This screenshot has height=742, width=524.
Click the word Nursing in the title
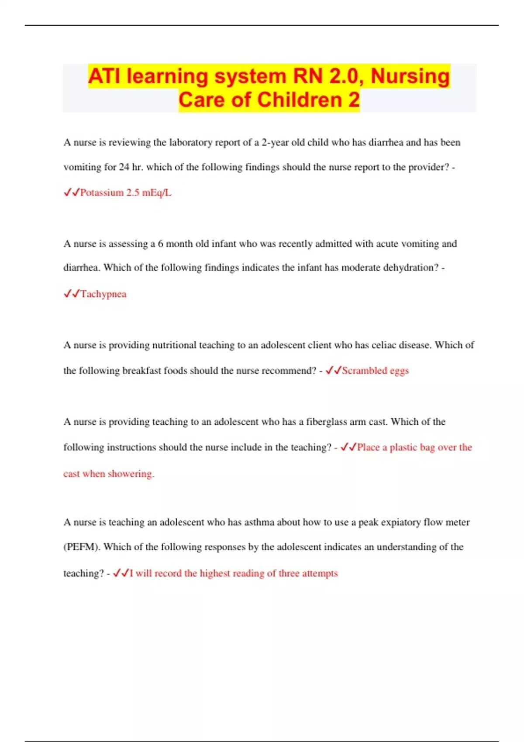tap(410, 76)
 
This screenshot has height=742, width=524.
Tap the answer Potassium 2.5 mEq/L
tap(126, 192)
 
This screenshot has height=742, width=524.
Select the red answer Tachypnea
tap(103, 294)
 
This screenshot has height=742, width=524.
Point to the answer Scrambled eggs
tap(375, 371)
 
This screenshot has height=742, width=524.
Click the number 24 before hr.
tap(124, 167)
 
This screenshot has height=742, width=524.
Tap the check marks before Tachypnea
tap(71, 294)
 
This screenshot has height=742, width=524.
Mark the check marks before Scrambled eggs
tap(333, 371)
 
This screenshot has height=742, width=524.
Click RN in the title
tap(308, 76)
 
